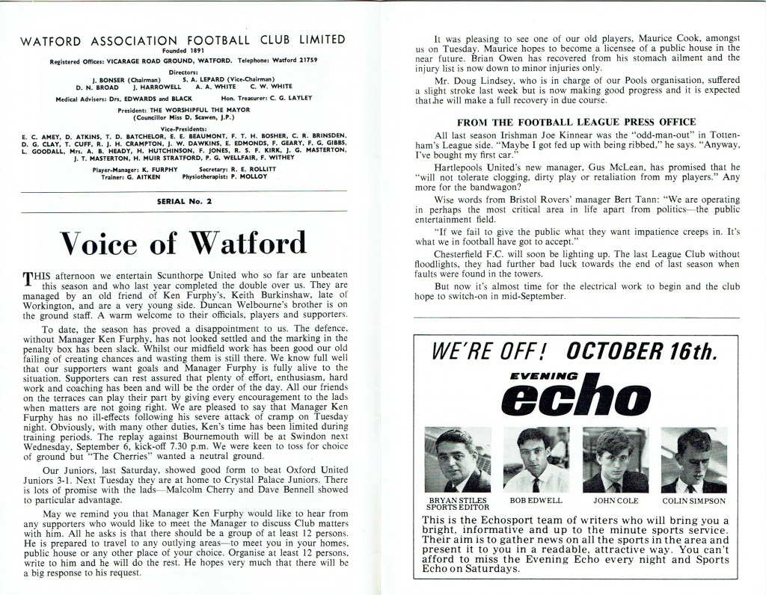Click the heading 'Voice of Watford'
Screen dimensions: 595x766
[x=183, y=244]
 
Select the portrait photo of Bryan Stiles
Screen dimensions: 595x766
[x=458, y=460]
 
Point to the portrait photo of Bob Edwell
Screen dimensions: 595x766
[x=536, y=460]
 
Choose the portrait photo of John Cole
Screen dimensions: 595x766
[x=615, y=460]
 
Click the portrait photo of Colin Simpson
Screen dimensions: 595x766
[x=693, y=460]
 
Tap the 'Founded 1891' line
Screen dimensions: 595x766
[x=183, y=52]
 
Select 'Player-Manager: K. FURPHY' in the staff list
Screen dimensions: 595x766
[x=132, y=170]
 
